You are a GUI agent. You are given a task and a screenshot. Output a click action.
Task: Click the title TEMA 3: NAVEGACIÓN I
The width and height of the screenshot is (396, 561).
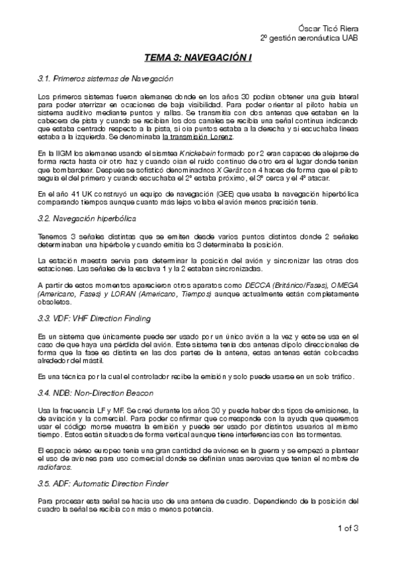(198, 58)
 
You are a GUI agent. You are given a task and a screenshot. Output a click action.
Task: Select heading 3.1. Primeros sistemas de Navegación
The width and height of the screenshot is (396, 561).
(105, 79)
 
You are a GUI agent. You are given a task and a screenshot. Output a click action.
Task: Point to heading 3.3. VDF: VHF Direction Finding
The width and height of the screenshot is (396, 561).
(95, 319)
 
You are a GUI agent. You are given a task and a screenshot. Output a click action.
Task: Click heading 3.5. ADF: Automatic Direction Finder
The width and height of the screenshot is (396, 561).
(103, 484)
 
